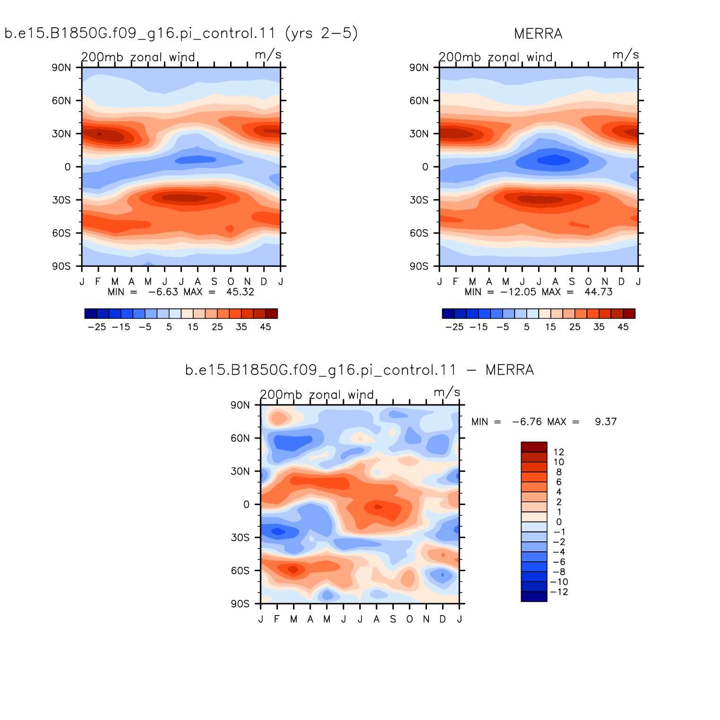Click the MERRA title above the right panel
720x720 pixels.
click(x=538, y=34)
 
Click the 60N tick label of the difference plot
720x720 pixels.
click(x=240, y=438)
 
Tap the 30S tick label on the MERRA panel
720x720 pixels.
click(x=419, y=200)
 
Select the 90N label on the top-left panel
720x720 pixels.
click(x=61, y=67)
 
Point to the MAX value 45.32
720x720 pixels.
click(x=240, y=292)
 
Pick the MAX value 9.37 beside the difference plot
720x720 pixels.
click(x=606, y=421)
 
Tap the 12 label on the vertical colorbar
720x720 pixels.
click(x=558, y=452)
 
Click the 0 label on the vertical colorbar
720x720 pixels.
click(x=559, y=522)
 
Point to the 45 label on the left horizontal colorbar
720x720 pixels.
click(x=266, y=327)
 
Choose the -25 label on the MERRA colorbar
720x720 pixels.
click(x=454, y=327)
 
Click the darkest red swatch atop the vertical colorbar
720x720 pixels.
click(x=534, y=447)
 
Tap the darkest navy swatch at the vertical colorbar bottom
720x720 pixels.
click(x=534, y=597)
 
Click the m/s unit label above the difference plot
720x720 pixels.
click(x=446, y=392)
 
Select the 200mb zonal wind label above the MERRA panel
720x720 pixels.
click(x=496, y=57)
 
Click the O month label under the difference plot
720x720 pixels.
click(x=410, y=619)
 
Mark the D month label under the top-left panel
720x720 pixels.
click(x=264, y=282)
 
